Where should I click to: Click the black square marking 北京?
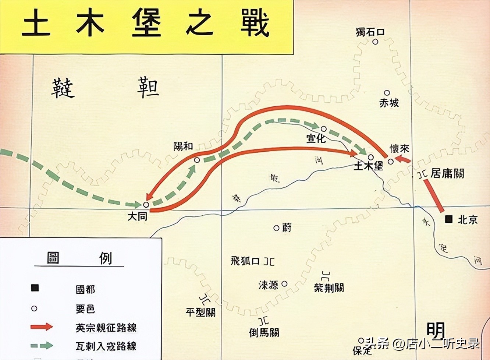448,219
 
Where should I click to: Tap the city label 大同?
137,216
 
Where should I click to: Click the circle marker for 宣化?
324,129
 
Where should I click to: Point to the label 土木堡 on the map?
368,166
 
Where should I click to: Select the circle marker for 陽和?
197,160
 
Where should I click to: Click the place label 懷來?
399,149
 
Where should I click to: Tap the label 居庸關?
447,173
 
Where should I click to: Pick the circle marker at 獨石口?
375,42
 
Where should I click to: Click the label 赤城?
389,103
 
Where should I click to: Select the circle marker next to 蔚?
276,228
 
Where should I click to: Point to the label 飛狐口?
246,261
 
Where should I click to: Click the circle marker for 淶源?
285,284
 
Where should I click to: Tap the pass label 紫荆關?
329,287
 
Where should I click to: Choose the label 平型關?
200,313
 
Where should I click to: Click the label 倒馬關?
264,332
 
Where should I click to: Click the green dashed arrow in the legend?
42,346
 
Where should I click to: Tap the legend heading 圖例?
79,258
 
